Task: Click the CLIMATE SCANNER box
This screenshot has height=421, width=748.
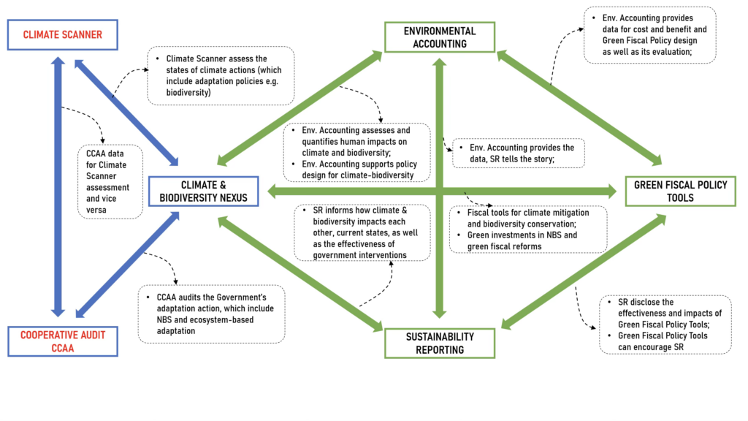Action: click(62, 34)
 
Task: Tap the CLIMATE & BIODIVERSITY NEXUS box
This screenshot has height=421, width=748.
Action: click(204, 190)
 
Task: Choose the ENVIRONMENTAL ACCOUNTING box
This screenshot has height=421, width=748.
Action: click(440, 37)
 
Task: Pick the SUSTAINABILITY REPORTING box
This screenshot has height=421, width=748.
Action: click(440, 344)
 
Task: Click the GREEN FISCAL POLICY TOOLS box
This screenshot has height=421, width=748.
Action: click(680, 191)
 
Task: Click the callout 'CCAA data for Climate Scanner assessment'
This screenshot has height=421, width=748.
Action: click(110, 181)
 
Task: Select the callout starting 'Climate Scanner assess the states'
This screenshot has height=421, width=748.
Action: click(220, 76)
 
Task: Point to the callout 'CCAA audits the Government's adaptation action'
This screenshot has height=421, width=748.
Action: click(211, 314)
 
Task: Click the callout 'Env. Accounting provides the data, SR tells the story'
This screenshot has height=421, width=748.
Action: click(518, 152)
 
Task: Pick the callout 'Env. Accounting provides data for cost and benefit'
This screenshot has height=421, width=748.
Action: click(650, 35)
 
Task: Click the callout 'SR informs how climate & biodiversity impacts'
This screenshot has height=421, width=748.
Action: click(353, 232)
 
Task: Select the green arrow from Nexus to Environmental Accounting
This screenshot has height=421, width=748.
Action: click(299, 107)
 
